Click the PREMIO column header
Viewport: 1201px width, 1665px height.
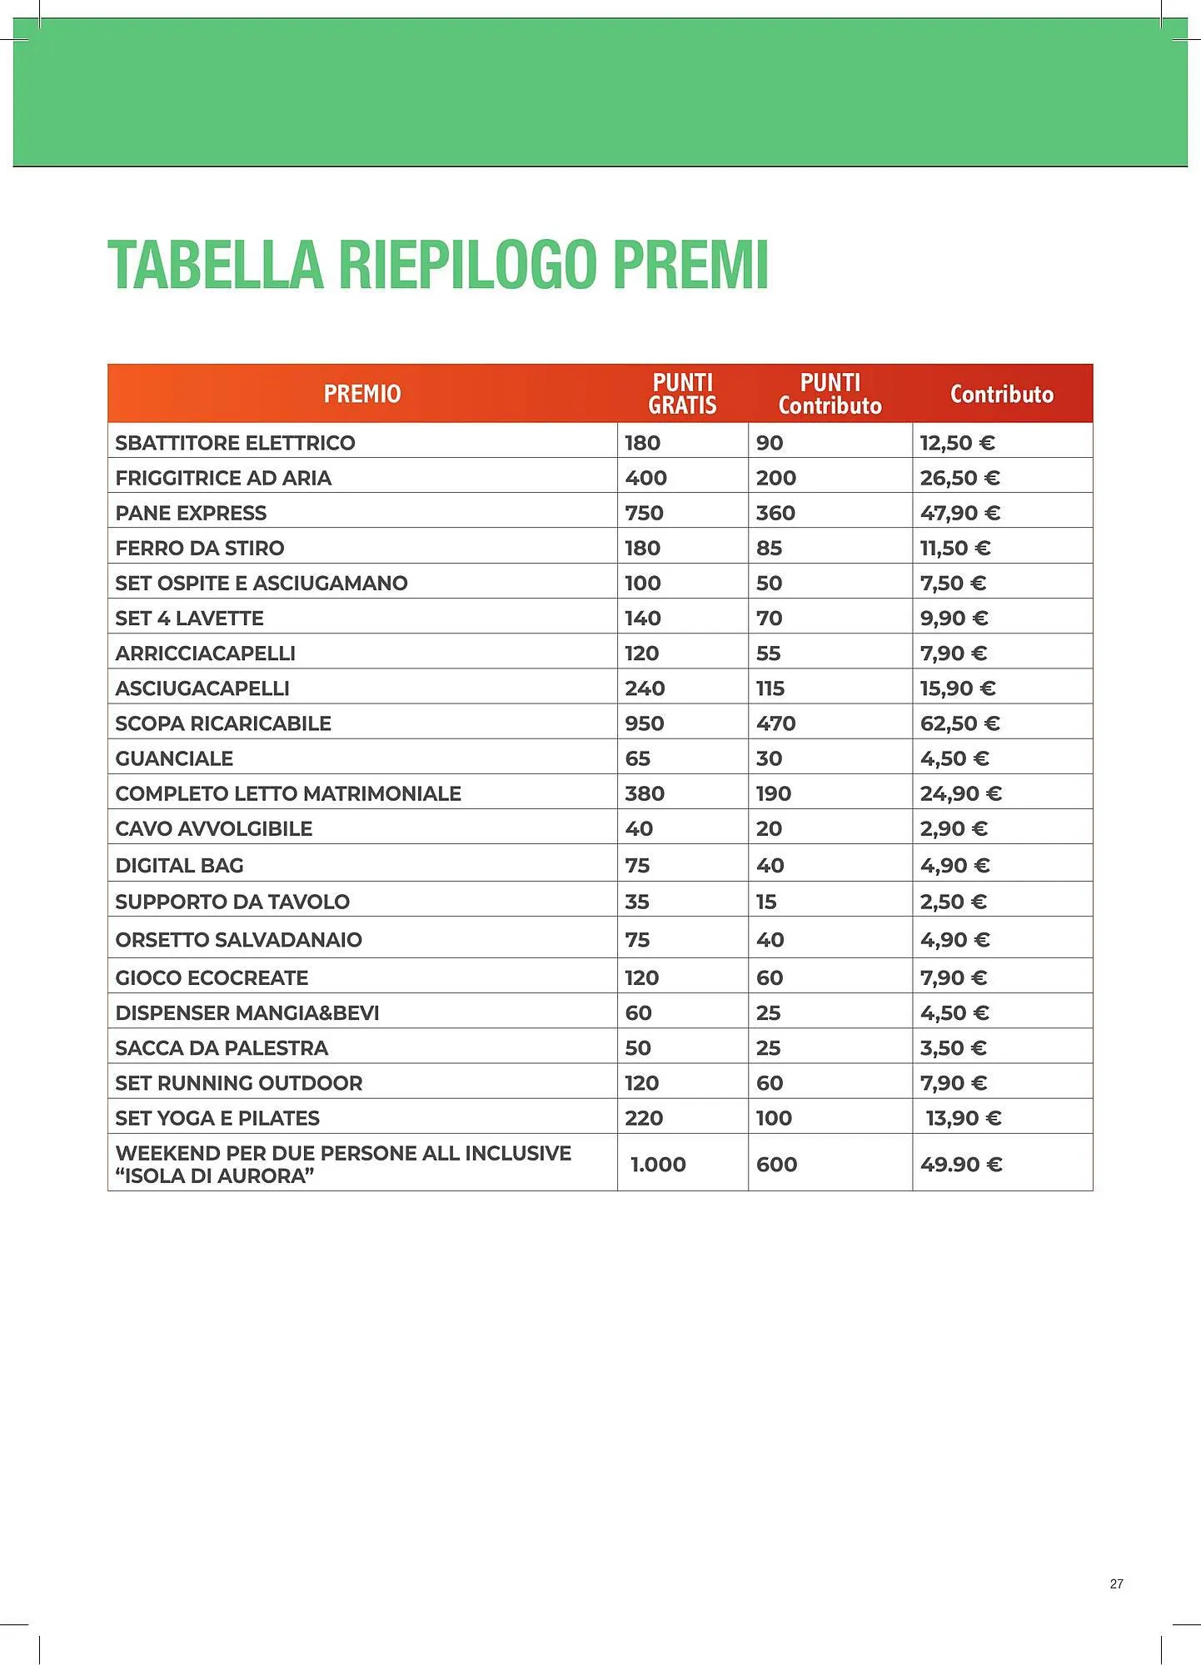click(362, 394)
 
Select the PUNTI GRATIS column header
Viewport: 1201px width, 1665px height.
click(682, 394)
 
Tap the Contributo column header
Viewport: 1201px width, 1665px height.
click(1002, 394)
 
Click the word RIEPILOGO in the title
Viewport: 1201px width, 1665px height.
click(467, 265)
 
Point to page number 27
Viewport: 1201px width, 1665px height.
click(1116, 1583)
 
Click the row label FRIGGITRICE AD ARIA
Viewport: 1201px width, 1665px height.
click(223, 478)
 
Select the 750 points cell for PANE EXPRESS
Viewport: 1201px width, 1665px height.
click(644, 513)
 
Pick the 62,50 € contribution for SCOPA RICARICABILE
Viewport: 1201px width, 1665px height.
click(959, 723)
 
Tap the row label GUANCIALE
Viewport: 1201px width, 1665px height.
click(174, 758)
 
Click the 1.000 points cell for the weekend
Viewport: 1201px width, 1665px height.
click(658, 1164)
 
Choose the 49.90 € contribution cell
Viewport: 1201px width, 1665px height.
click(960, 1164)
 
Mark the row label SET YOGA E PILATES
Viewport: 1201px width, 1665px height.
click(217, 1118)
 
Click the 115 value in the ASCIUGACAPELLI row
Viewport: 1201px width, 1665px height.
click(770, 688)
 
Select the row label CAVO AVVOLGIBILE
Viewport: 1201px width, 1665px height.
click(214, 828)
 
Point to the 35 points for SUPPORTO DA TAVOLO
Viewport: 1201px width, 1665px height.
click(637, 902)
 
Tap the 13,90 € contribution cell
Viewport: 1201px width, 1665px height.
click(963, 1118)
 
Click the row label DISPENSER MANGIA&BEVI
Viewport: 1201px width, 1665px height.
click(247, 1013)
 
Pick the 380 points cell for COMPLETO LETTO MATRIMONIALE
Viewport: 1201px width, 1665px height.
click(645, 793)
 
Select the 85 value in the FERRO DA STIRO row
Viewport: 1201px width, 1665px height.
click(769, 548)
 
